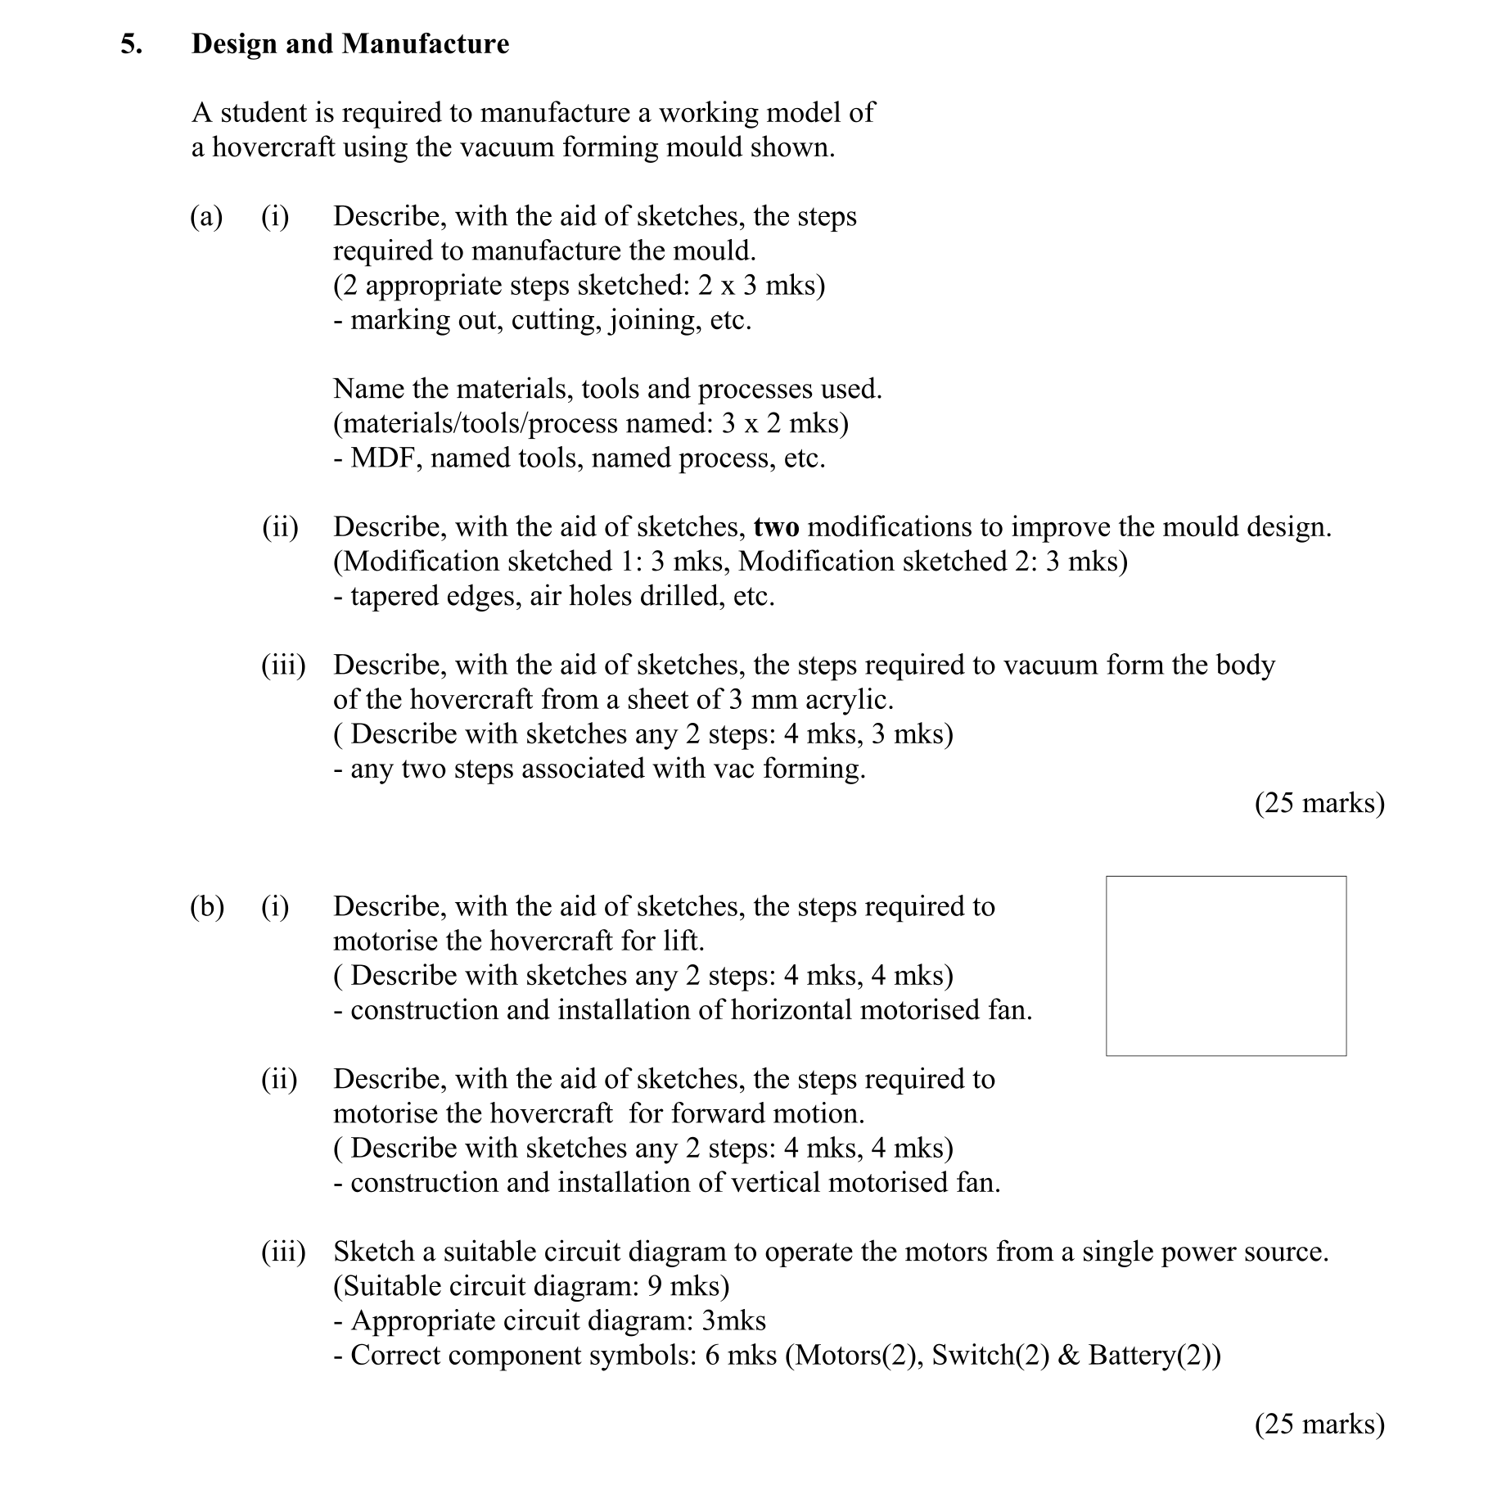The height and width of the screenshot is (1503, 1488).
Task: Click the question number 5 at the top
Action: tap(130, 44)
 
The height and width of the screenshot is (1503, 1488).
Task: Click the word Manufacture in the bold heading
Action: tap(425, 44)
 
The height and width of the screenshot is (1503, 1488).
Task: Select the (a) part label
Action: tap(206, 217)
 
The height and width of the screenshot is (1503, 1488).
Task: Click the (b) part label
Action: tap(206, 907)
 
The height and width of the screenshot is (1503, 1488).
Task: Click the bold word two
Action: tap(776, 527)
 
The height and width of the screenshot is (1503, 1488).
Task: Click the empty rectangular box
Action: tap(1225, 966)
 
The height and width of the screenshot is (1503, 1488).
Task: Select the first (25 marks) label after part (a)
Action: tap(1319, 803)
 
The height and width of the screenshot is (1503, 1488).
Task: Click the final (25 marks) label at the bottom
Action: tap(1319, 1424)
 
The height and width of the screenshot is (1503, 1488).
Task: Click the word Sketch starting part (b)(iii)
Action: tap(373, 1252)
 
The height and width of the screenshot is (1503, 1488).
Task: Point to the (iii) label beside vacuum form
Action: tap(283, 666)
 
